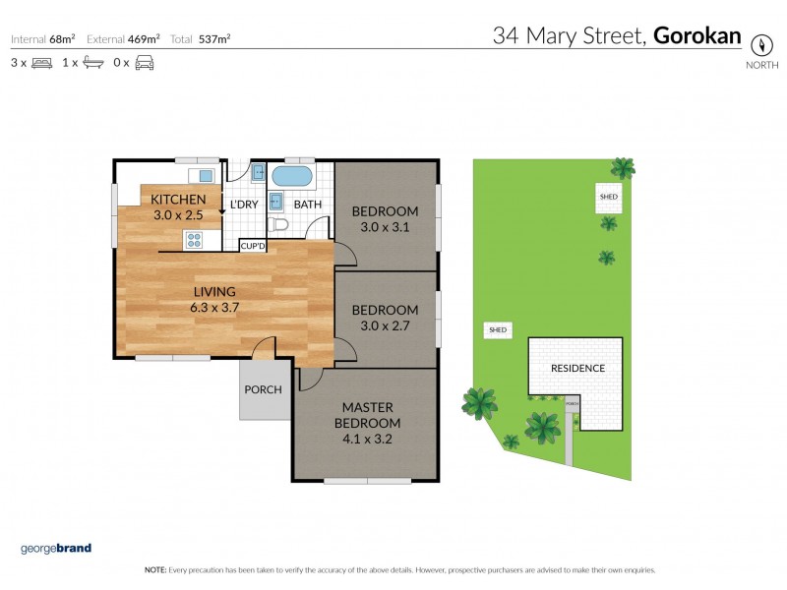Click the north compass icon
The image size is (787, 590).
coord(759,45)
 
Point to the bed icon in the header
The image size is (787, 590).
coord(41,63)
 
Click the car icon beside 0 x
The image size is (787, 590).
coord(145,63)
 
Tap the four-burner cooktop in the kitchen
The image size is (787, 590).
coord(193,240)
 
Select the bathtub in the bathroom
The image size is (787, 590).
coord(290,178)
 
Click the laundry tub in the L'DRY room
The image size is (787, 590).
coord(258,174)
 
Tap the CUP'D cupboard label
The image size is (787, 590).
coord(253,245)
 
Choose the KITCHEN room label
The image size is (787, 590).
coord(178,200)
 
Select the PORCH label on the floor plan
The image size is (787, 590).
coord(264,389)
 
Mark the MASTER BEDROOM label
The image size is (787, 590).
coord(367,415)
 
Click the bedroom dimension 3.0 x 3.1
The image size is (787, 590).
coord(386,226)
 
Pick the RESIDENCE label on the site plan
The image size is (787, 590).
coord(577,369)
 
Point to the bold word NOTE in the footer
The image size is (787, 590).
coord(155,570)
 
